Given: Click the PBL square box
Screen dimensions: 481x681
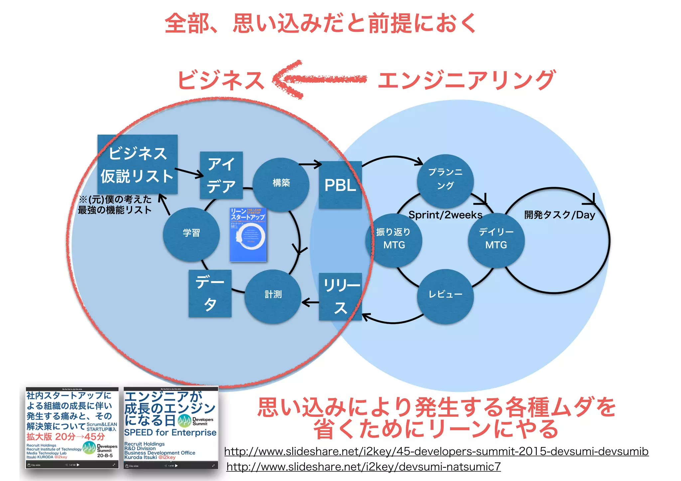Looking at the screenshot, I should [x=340, y=185].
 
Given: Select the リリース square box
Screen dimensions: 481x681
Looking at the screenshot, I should [x=340, y=296].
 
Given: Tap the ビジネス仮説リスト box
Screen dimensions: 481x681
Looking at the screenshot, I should [x=137, y=164].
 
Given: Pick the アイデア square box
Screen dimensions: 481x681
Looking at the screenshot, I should [x=221, y=175].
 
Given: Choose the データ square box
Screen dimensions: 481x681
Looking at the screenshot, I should [x=210, y=293].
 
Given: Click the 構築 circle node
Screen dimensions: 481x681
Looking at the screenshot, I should [x=281, y=184].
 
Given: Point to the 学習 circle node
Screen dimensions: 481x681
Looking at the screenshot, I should [x=191, y=233].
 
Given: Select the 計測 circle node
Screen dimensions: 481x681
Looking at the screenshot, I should [x=273, y=295].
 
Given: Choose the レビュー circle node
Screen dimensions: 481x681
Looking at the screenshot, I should [x=445, y=295].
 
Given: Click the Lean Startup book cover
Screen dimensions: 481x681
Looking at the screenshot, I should [x=248, y=234].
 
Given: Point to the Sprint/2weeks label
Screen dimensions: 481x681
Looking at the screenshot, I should [x=445, y=215].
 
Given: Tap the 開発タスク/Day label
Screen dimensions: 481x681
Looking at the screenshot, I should [x=560, y=215].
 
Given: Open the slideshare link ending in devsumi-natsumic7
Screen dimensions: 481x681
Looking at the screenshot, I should [x=363, y=467].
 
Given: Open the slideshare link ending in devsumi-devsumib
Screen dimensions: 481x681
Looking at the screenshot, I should [x=436, y=451].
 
